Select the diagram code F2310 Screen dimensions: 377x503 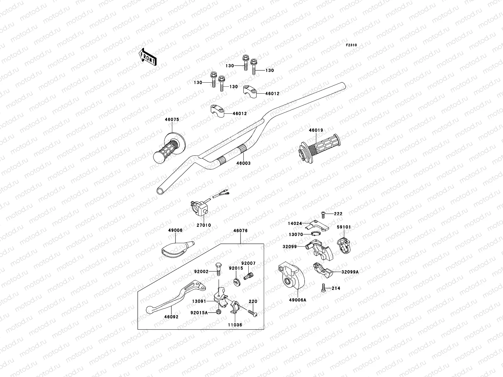click(x=351, y=45)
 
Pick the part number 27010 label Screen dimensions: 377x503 click(x=204, y=225)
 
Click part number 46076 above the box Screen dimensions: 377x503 click(x=240, y=231)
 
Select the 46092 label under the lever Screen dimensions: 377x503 click(x=171, y=317)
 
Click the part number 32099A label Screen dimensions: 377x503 click(x=350, y=272)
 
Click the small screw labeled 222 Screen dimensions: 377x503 click(x=323, y=214)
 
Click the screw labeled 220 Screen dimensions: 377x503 click(x=252, y=313)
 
